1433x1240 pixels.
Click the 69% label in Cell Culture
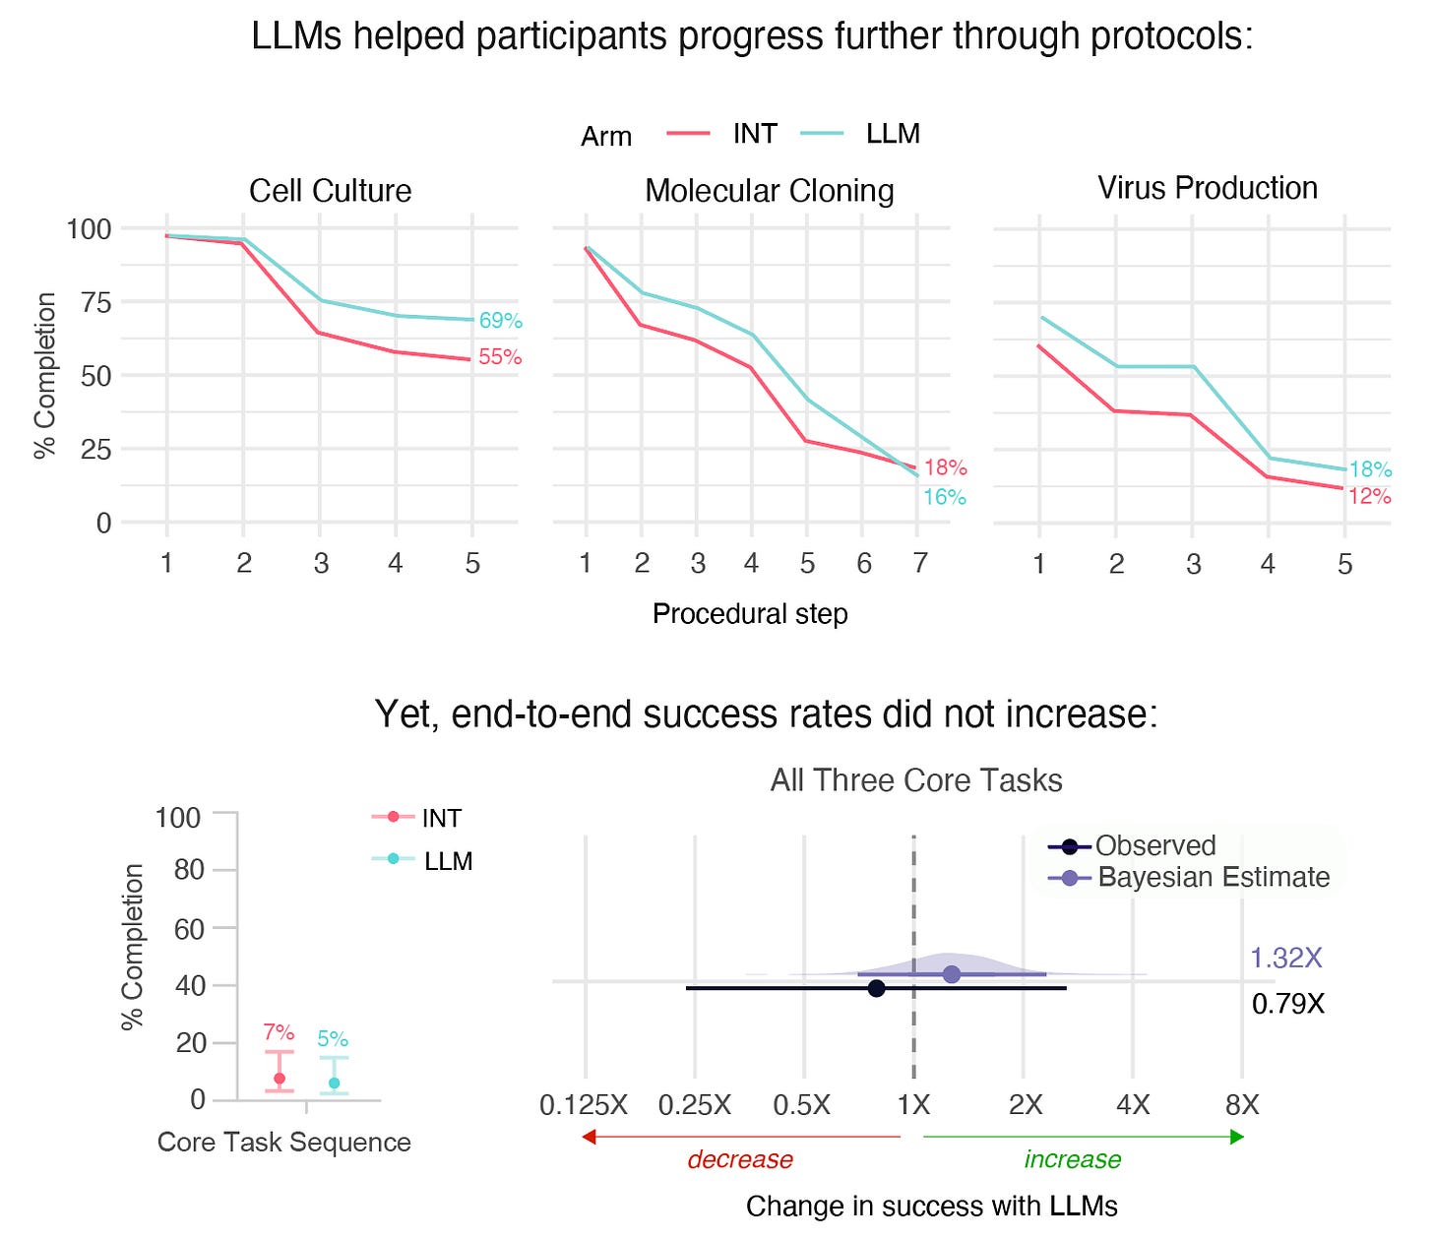[500, 321]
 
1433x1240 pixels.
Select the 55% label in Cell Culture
[500, 357]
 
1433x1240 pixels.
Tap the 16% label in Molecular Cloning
[944, 497]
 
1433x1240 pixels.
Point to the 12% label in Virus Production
[1369, 496]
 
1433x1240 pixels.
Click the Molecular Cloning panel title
[769, 191]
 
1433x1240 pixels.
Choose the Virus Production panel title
[1208, 188]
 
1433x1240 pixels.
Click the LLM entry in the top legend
[892, 134]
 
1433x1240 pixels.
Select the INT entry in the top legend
[754, 134]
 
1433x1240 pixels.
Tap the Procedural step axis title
[749, 614]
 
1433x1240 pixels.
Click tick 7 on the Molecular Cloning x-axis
[919, 563]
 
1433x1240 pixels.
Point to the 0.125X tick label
[584, 1105]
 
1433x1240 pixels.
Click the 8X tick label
[1242, 1105]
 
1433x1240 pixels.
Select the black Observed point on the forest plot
[876, 988]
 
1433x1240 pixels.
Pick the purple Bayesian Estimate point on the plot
[952, 974]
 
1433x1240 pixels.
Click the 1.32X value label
[1285, 958]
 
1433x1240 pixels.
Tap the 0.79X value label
[1287, 1005]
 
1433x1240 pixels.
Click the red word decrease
[740, 1160]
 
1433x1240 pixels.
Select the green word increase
[1072, 1160]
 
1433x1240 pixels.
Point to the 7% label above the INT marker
[279, 1032]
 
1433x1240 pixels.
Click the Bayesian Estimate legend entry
[1213, 877]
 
